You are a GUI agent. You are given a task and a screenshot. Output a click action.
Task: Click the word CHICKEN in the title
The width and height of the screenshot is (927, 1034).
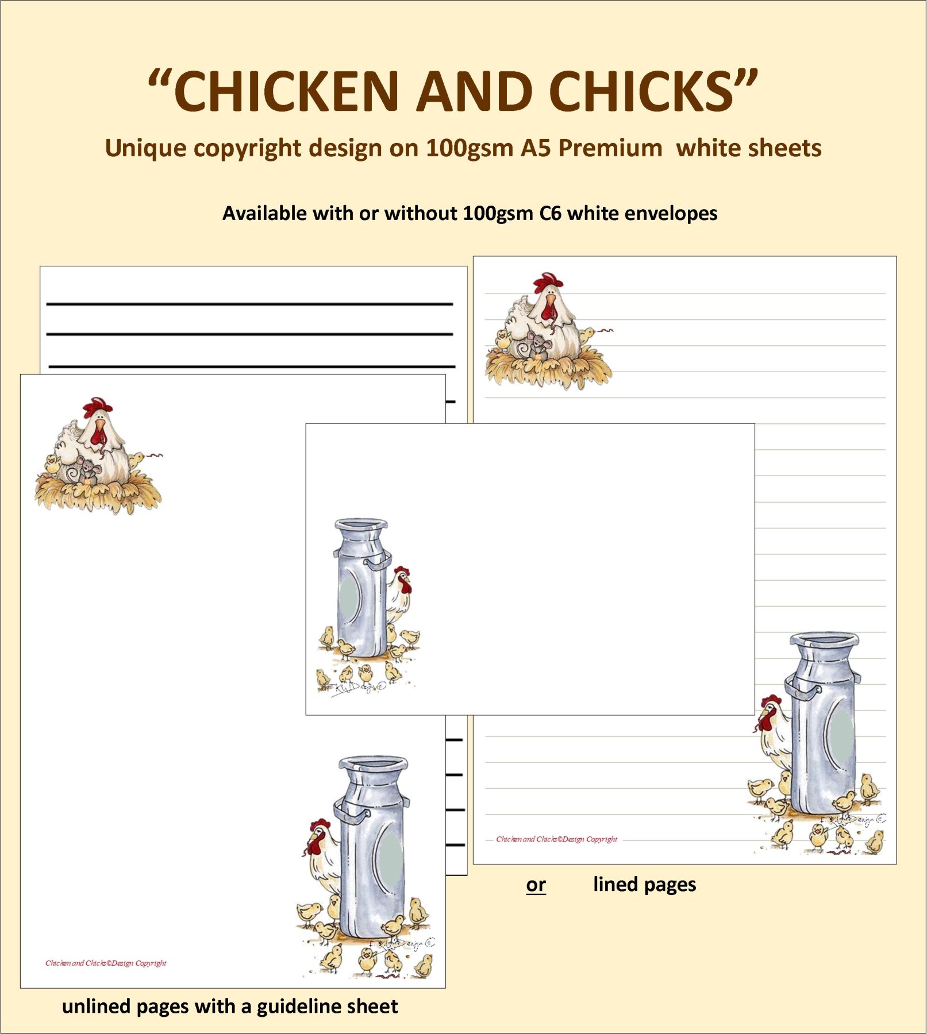click(x=286, y=91)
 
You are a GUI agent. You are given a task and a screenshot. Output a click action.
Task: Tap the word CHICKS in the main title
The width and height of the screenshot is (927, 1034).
click(x=641, y=91)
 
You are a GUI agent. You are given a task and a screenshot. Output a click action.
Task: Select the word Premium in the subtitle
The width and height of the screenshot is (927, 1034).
click(x=610, y=148)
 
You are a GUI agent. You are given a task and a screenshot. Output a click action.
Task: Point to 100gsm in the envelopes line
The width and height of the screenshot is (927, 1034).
click(x=498, y=213)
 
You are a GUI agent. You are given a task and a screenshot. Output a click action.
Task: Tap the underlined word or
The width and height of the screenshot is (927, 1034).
click(x=536, y=885)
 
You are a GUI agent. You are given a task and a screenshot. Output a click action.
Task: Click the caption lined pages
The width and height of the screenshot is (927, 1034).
click(x=644, y=884)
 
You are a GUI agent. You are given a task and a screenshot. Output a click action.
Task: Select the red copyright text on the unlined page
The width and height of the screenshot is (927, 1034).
click(x=106, y=963)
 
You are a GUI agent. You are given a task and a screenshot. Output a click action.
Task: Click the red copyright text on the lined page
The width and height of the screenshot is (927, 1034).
click(x=556, y=839)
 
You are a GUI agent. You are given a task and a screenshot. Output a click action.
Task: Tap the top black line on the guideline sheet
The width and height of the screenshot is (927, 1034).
click(x=249, y=303)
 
